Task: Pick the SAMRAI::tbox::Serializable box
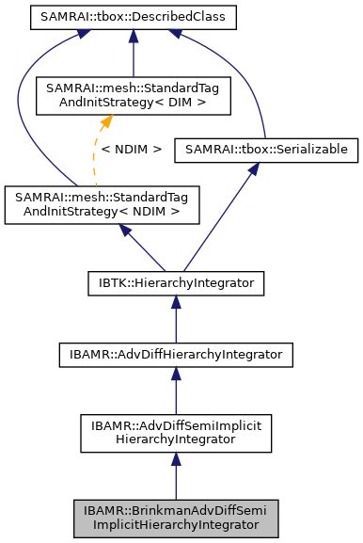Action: point(266,150)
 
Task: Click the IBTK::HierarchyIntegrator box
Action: point(174,281)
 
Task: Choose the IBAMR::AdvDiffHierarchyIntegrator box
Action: point(174,356)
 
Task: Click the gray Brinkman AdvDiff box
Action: point(174,519)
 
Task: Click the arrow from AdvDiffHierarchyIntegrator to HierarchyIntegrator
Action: point(174,320)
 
